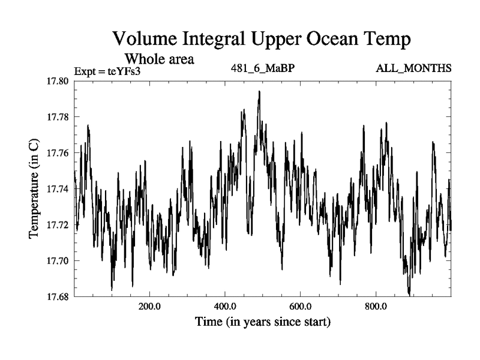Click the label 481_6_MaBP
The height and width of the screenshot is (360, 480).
click(263, 67)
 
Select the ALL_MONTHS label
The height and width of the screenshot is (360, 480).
click(413, 67)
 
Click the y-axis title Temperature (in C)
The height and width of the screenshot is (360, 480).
click(34, 189)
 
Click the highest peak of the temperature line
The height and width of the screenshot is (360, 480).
click(259, 92)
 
